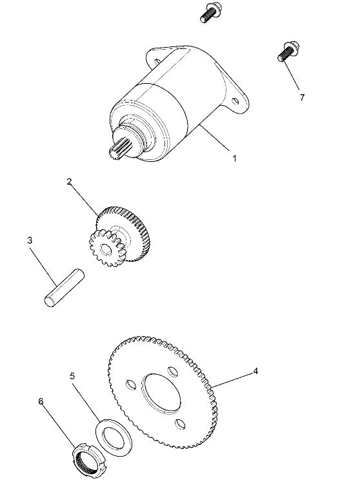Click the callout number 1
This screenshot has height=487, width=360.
(234, 158)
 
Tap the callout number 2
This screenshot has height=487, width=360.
(69, 182)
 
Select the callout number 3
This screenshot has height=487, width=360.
(30, 241)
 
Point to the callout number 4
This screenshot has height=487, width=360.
(255, 371)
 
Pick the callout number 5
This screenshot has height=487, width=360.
(73, 376)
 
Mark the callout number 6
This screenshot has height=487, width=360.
(41, 401)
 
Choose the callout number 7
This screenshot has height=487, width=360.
(301, 97)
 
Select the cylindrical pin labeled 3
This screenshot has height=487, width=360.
(62, 288)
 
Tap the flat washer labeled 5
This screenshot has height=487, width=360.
(114, 436)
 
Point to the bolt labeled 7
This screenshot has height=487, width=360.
(286, 51)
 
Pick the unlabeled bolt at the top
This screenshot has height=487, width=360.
(210, 14)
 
